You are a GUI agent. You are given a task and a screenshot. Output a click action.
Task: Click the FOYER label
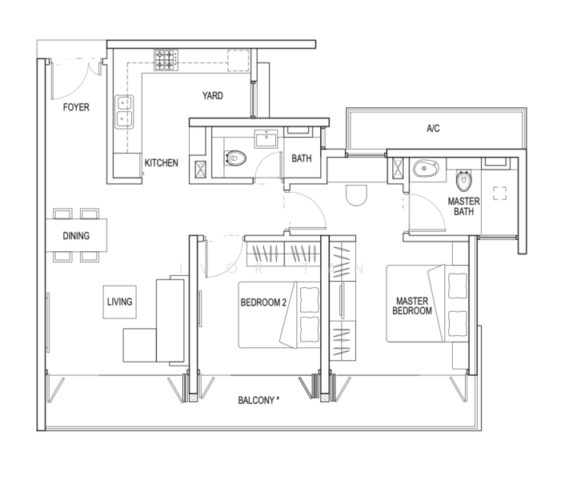(x=76, y=107)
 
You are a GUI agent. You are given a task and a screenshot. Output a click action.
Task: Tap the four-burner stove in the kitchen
(x=166, y=60)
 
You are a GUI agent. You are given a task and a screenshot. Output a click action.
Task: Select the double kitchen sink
(x=124, y=112)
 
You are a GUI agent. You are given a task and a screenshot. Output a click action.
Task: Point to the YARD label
(x=213, y=95)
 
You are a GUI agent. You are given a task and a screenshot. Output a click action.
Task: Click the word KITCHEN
(x=161, y=163)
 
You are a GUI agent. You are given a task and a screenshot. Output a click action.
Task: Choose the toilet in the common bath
(x=235, y=158)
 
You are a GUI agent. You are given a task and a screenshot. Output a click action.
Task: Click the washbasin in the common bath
(x=266, y=138)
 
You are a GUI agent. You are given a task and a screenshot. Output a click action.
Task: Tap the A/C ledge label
(x=433, y=128)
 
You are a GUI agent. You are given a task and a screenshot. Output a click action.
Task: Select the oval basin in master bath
(x=426, y=168)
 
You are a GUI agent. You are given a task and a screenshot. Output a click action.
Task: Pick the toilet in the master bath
(x=463, y=181)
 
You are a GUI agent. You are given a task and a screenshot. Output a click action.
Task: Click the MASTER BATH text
(x=463, y=206)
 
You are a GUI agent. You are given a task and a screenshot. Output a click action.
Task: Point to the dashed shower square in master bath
(x=499, y=193)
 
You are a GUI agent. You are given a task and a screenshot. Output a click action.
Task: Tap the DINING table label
(x=76, y=236)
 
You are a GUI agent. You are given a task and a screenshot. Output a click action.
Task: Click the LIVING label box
(x=120, y=302)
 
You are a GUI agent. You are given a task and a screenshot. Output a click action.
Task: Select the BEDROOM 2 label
(x=263, y=302)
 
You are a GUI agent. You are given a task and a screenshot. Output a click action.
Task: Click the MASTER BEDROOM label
(x=412, y=306)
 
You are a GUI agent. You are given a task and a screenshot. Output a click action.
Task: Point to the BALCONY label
(x=258, y=400)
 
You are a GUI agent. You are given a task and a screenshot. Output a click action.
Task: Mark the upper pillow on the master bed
(x=458, y=286)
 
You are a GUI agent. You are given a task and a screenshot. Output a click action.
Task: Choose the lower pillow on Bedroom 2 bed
(x=310, y=329)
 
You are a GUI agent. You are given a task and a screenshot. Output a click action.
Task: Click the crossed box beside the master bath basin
(x=398, y=169)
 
